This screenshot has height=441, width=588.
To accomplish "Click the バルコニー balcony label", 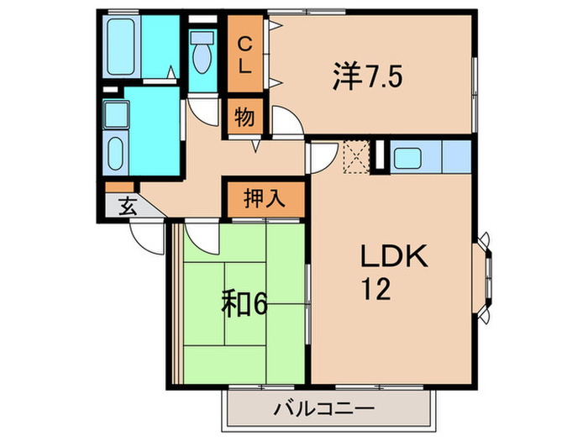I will (x=323, y=410).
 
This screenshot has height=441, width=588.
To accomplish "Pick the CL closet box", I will (x=244, y=55).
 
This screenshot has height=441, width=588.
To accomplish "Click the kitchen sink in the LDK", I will (x=412, y=157).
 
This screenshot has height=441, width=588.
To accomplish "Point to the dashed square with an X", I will (x=356, y=156).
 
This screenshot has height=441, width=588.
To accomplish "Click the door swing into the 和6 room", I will (x=199, y=234).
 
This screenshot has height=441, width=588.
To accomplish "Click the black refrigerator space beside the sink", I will (x=378, y=157).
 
